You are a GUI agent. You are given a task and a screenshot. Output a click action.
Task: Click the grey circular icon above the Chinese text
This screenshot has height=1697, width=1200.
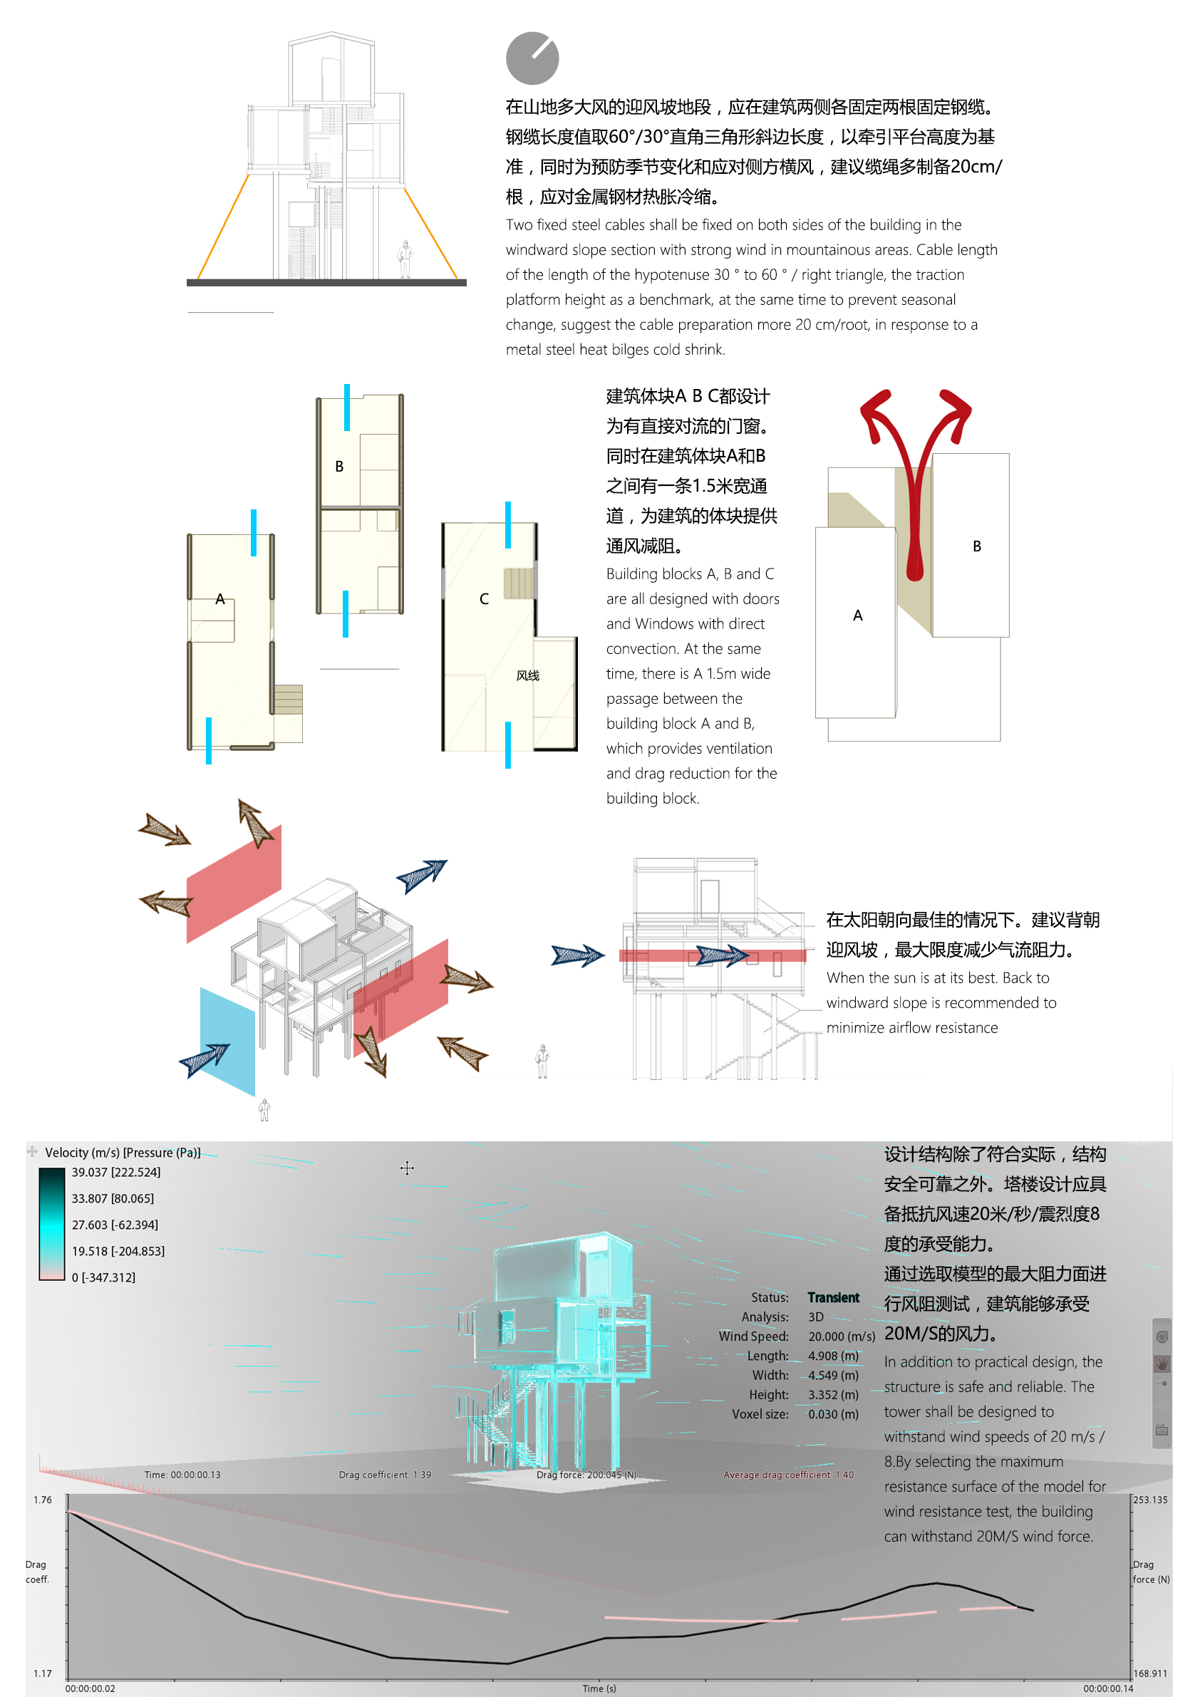point(532,58)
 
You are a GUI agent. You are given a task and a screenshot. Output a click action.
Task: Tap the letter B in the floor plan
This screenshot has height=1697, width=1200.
point(339,467)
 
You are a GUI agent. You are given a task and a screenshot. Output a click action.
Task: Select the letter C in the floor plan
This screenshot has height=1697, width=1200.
point(485,598)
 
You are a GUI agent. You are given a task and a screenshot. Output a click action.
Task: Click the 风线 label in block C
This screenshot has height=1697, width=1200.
point(528,675)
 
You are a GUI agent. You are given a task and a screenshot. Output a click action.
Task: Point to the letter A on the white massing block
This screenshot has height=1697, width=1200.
point(858,615)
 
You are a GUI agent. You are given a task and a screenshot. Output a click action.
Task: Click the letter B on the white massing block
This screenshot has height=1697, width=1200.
point(977,546)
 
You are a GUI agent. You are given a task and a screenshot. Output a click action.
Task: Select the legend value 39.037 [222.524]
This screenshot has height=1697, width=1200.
point(116,1172)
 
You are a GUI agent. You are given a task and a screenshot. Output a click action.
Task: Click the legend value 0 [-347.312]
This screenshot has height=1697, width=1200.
point(103,1277)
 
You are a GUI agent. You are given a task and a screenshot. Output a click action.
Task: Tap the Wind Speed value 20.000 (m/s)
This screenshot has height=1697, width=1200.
point(842,1337)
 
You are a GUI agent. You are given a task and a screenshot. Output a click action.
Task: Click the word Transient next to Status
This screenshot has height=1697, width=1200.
point(833,1297)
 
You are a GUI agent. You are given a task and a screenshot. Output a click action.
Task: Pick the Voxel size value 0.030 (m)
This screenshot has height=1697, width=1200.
point(833,1414)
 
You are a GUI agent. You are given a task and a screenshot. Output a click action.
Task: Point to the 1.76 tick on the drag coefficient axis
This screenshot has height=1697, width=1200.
point(43,1500)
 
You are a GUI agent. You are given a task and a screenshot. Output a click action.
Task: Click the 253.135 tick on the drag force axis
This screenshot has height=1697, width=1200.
point(1150,1500)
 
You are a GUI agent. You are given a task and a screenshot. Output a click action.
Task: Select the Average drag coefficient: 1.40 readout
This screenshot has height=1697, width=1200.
point(788,1475)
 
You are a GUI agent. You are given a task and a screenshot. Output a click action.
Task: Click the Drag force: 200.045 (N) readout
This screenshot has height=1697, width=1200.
point(586,1475)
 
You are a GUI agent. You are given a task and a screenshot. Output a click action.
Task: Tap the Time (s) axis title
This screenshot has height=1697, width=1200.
point(599,1688)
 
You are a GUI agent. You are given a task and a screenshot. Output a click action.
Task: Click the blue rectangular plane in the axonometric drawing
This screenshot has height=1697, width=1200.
point(228,1042)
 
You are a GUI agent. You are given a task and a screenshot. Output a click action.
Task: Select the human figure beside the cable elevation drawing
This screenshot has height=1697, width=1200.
point(405,259)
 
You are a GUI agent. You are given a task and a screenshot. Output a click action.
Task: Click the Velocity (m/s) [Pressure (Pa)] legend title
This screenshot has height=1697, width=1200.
point(123,1152)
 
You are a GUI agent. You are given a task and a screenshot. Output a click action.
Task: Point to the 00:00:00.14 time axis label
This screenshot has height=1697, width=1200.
point(1108,1688)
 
